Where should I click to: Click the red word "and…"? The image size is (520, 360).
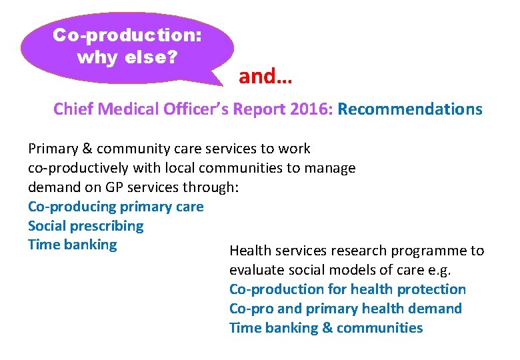coord(265,77)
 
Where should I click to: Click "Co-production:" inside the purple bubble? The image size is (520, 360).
coord(127,35)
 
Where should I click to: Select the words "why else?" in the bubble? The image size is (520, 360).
coord(127,57)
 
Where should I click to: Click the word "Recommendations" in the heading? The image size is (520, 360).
coord(410,109)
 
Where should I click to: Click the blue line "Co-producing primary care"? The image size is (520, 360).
coord(116,207)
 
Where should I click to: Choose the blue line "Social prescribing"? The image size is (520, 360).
coord(85,226)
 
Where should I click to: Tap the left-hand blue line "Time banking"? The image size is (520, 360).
coord(72,245)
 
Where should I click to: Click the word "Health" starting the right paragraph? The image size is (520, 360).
coord(249,251)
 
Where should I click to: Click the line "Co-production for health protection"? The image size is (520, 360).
coord(347,289)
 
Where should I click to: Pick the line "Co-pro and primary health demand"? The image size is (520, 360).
coord(345,309)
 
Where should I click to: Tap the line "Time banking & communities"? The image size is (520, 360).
coord(326,328)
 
